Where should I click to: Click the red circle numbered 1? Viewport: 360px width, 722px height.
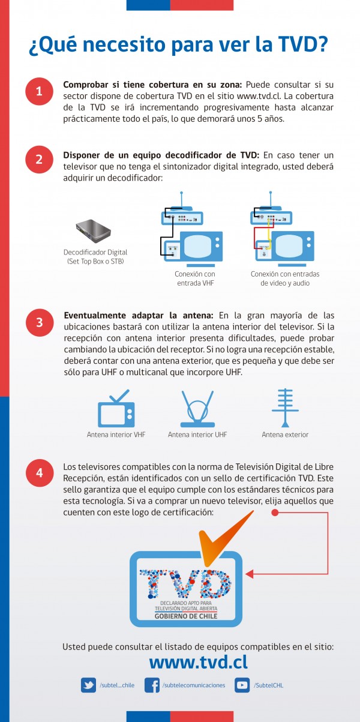(x=39, y=92)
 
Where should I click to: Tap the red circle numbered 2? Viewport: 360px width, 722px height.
(x=39, y=159)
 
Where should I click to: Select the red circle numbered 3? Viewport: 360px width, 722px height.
(x=39, y=322)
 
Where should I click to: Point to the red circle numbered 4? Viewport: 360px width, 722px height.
(x=39, y=472)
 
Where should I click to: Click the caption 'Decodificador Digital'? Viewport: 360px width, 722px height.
(x=95, y=252)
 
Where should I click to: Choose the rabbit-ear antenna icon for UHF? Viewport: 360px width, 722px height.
(x=198, y=409)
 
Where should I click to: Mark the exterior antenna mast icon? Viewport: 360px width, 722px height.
(x=285, y=408)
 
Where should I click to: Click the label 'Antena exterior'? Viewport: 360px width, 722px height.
(x=285, y=435)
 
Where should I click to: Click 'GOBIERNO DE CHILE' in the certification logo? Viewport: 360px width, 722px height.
(x=185, y=616)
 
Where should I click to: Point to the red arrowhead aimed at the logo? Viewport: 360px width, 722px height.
(x=250, y=574)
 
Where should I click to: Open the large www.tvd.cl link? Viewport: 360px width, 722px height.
(x=198, y=661)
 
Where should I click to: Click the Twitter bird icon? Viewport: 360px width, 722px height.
(x=89, y=685)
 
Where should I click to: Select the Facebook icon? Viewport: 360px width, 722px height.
(x=152, y=685)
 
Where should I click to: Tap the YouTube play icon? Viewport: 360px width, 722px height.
(x=242, y=685)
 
